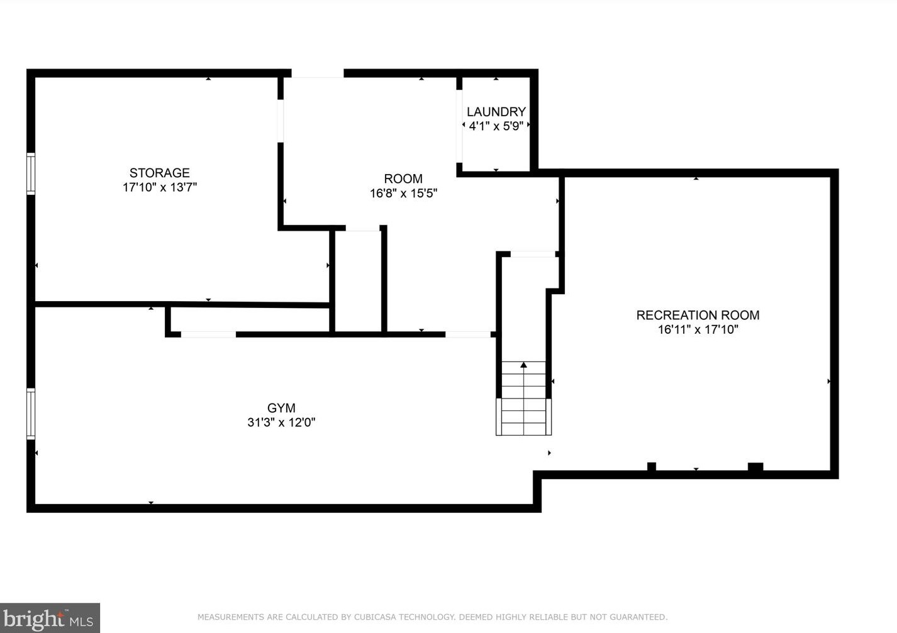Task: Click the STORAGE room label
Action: point(159,173)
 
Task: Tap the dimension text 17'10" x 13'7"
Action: point(160,187)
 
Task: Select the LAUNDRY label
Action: point(496,112)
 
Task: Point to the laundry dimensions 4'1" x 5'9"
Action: point(496,126)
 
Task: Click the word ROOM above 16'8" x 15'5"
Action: point(403,179)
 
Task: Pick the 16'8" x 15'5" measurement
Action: point(403,193)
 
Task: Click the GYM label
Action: point(282,408)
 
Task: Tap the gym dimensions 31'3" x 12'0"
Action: point(282,422)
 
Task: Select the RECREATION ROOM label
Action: point(698,316)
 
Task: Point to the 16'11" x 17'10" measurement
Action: point(698,330)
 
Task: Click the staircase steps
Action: point(524,398)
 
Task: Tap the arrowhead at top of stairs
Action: point(524,365)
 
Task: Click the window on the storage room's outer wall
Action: point(31,173)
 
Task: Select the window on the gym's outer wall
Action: point(31,414)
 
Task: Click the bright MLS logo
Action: point(50,618)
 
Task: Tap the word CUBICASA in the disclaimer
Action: point(374,617)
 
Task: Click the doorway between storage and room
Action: point(281,121)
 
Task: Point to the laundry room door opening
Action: point(459,126)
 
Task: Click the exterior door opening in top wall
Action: point(318,74)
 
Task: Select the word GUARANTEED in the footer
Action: point(639,617)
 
